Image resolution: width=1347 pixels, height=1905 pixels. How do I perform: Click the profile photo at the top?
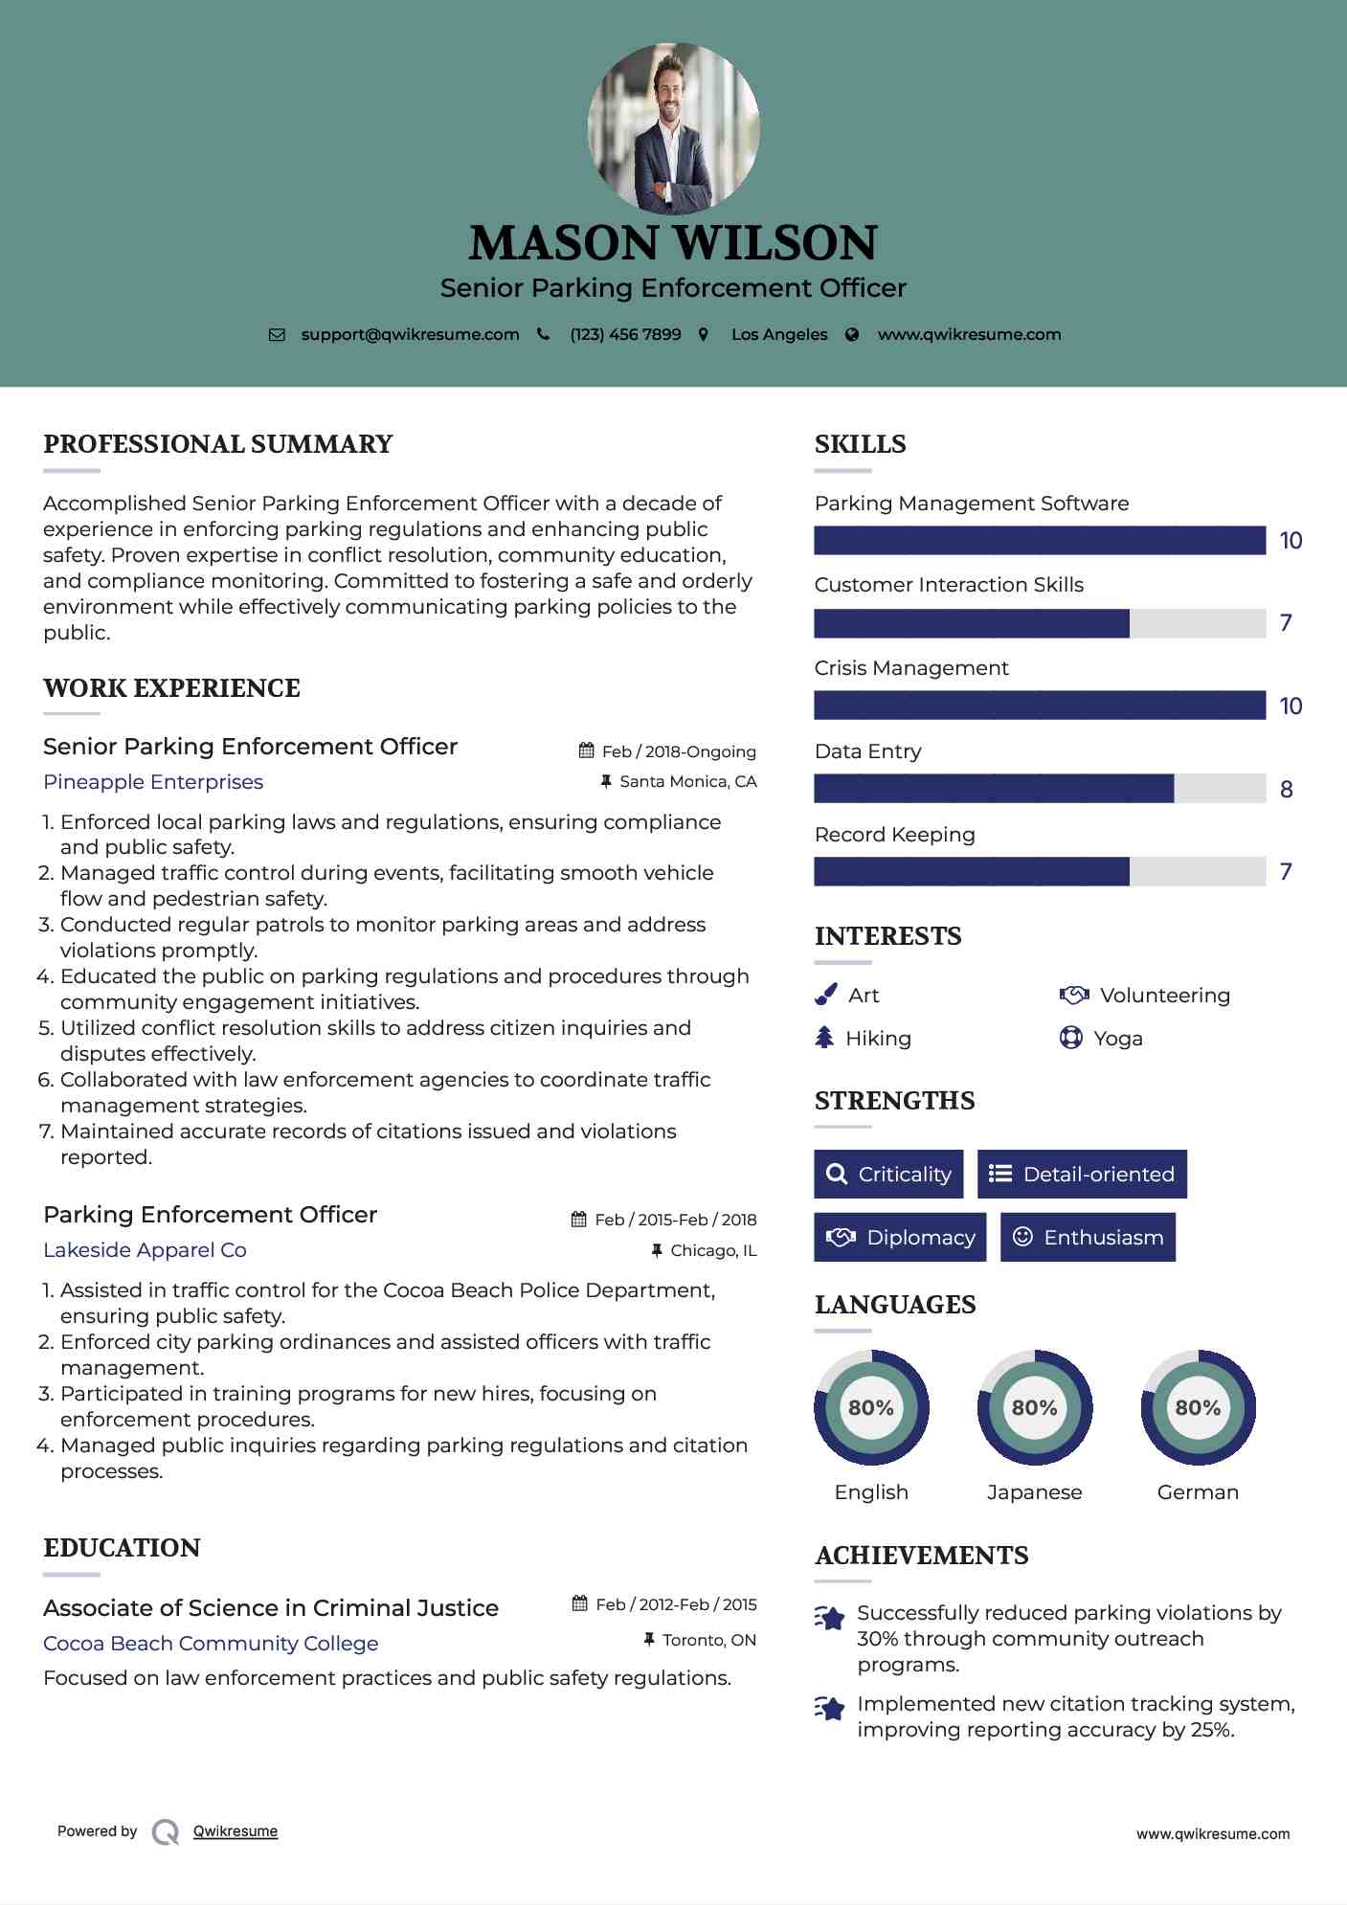tap(673, 128)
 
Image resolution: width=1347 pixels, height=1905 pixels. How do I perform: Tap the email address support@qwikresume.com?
tap(410, 335)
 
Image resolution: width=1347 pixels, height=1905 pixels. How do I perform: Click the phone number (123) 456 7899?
tap(625, 335)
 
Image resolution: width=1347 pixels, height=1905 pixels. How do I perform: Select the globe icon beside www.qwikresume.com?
tap(852, 335)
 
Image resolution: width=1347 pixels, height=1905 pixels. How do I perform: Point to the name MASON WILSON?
tap(673, 243)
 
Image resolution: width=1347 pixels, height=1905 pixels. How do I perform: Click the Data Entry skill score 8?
tap(1287, 790)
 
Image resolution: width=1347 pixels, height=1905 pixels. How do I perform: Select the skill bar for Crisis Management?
tap(1040, 706)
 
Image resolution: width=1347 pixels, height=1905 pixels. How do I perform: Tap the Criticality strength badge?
tap(888, 1175)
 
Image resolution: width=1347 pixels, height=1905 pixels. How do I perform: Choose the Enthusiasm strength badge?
tap(1088, 1238)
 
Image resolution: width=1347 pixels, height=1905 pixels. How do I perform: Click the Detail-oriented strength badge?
tap(1082, 1175)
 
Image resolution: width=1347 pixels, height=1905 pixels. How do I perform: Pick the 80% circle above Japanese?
tap(1034, 1408)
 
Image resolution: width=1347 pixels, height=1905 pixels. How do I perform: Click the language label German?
tap(1198, 1492)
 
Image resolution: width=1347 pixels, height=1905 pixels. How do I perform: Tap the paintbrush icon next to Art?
tap(825, 996)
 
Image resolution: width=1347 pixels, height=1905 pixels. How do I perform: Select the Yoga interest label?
tap(1118, 1039)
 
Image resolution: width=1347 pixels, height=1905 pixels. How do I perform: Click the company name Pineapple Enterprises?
tap(153, 782)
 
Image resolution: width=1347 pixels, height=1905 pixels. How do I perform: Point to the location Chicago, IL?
tap(713, 1251)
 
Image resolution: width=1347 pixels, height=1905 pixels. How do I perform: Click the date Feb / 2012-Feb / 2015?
tap(676, 1604)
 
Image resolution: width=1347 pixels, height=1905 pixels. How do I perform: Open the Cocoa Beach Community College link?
tap(211, 1644)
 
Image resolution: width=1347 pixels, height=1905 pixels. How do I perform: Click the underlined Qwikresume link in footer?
tap(236, 1831)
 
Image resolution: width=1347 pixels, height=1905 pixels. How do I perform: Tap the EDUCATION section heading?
tap(122, 1548)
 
